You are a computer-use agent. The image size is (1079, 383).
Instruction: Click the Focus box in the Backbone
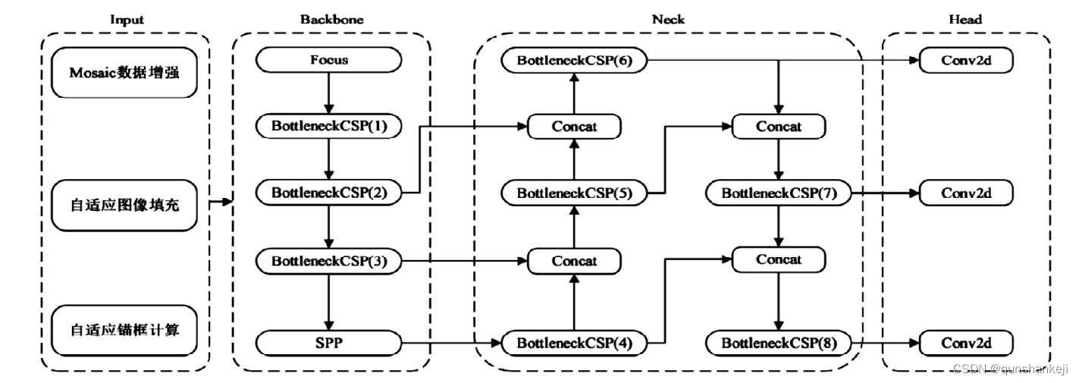pyautogui.click(x=328, y=60)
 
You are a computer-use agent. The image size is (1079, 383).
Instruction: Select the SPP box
pyautogui.click(x=328, y=343)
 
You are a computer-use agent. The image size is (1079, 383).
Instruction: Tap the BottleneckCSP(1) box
pyautogui.click(x=328, y=126)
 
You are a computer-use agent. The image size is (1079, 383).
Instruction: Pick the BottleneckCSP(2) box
pyautogui.click(x=328, y=193)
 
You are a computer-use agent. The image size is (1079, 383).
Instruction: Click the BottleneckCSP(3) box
pyautogui.click(x=328, y=261)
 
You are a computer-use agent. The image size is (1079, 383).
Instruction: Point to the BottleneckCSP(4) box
pyautogui.click(x=574, y=343)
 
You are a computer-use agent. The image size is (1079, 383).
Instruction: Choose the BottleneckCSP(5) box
pyautogui.click(x=574, y=193)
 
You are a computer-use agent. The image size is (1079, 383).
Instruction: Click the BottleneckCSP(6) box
pyautogui.click(x=574, y=60)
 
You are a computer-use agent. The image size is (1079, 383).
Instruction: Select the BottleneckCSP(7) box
pyautogui.click(x=779, y=193)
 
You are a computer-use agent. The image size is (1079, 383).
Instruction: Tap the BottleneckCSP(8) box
pyautogui.click(x=779, y=343)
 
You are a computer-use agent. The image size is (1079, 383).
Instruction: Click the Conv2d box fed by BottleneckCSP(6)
pyautogui.click(x=966, y=60)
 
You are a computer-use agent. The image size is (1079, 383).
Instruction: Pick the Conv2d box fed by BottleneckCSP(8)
pyautogui.click(x=966, y=343)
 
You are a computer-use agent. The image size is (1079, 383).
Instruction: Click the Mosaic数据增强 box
pyautogui.click(x=124, y=73)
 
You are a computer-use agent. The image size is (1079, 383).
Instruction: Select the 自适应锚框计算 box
pyautogui.click(x=124, y=331)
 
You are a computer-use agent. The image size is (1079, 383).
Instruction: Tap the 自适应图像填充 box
pyautogui.click(x=124, y=206)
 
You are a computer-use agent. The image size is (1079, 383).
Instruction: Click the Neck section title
pyautogui.click(x=668, y=19)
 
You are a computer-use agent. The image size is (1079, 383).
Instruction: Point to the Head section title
pyautogui.click(x=965, y=19)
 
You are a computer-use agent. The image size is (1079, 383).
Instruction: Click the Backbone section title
pyautogui.click(x=332, y=19)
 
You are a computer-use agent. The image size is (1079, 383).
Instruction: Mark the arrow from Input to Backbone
pyautogui.click(x=221, y=202)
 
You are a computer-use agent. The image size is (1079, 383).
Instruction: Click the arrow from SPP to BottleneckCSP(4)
pyautogui.click(x=452, y=343)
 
